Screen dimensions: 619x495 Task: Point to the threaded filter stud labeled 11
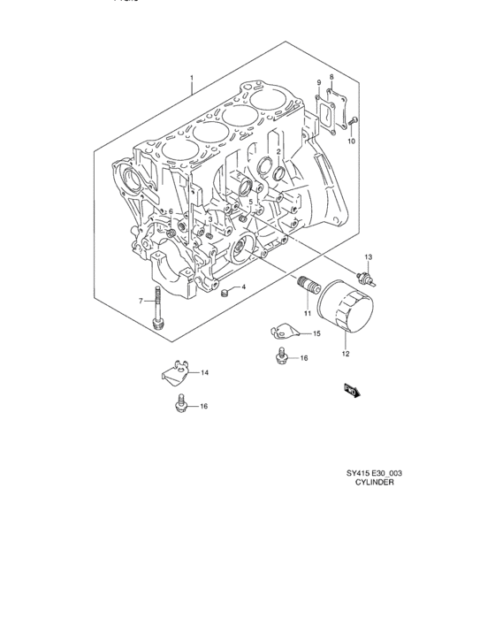[306, 286]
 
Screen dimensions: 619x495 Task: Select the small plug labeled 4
[225, 290]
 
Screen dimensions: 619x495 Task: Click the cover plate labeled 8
[335, 103]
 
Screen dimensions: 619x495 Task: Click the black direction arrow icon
[349, 389]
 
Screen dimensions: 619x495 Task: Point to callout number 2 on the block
[278, 152]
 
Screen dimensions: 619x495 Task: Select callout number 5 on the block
[250, 202]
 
